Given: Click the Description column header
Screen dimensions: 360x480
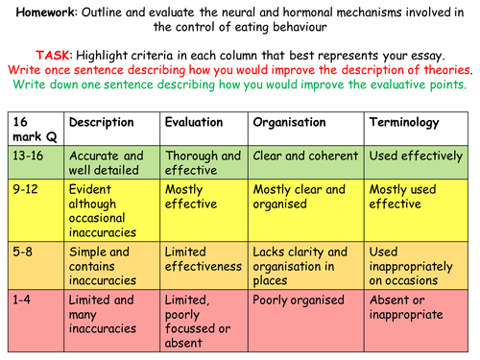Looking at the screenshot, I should pyautogui.click(x=102, y=123).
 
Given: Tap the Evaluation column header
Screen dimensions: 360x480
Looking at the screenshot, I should pyautogui.click(x=195, y=123).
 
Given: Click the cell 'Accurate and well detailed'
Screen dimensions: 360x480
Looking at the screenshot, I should pyautogui.click(x=107, y=162).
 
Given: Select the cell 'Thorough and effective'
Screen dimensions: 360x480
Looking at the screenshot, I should pyautogui.click(x=203, y=162).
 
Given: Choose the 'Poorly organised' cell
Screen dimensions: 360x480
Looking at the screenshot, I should pyautogui.click(x=299, y=300).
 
